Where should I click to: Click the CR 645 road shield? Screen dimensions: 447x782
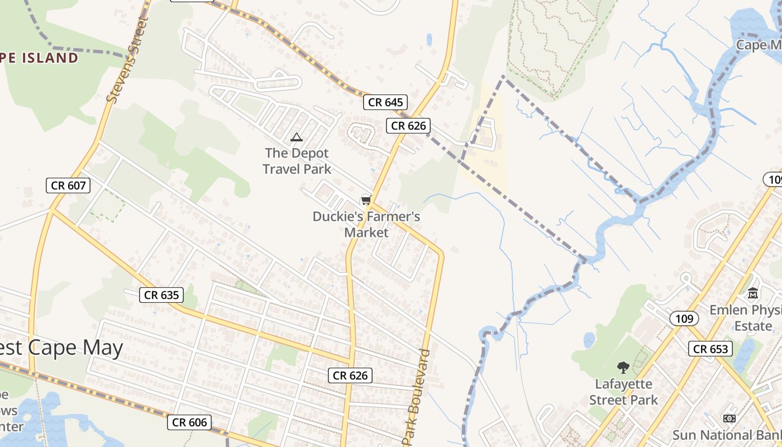[x=385, y=102]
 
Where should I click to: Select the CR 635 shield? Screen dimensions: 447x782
[x=161, y=294]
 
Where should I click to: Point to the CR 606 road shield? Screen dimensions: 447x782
[x=189, y=422]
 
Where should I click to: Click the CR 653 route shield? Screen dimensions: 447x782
[x=711, y=349]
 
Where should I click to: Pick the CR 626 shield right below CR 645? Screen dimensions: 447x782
[x=408, y=126]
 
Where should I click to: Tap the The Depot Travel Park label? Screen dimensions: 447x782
[x=297, y=161]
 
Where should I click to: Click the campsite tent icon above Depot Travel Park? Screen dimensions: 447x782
[x=297, y=137]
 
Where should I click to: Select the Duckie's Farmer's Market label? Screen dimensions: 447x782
[x=366, y=224]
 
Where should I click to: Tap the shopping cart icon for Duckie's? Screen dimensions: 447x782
[x=366, y=200]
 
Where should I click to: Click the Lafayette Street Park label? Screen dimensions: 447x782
[x=623, y=392]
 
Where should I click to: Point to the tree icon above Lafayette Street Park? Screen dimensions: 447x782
[x=623, y=367]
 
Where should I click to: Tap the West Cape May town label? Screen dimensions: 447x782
[x=61, y=348]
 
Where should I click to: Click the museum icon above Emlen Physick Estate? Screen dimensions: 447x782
[x=753, y=292]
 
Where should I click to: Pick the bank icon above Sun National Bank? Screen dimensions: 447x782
[x=729, y=418]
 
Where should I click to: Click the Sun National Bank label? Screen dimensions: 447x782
[x=726, y=435]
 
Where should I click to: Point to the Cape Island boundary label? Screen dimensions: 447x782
[x=39, y=58]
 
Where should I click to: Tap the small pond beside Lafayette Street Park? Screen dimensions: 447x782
[x=589, y=339]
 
